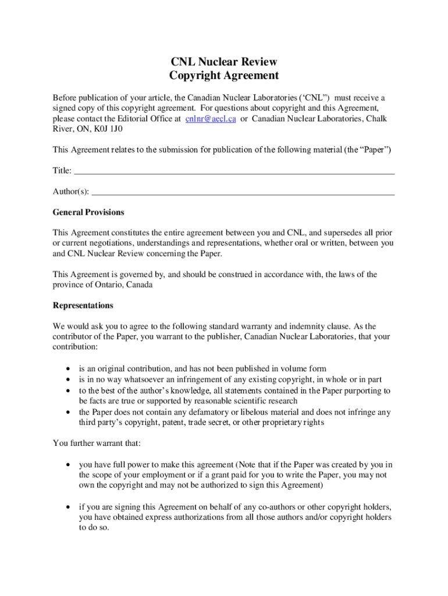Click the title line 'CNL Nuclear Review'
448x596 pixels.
pos(224,62)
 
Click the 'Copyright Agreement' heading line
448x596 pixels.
pos(224,76)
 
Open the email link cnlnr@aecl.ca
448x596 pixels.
pos(210,119)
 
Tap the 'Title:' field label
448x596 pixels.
pos(62,171)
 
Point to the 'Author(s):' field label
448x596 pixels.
pos(71,191)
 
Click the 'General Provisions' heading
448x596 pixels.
pos(88,212)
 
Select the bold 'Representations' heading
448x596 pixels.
pos(83,306)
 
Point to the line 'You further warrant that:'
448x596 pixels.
pos(97,444)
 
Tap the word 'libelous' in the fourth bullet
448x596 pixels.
pos(226,412)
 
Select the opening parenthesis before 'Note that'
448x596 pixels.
pos(237,464)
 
